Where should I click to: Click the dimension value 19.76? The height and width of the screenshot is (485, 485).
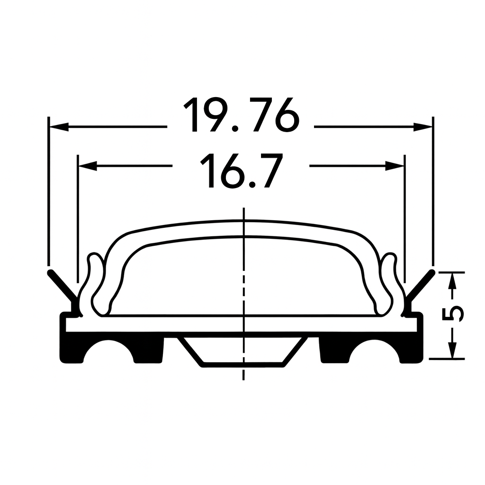(x=242, y=115)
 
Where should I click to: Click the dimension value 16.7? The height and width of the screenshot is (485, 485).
(x=242, y=171)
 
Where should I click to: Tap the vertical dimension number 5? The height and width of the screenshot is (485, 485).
(x=454, y=314)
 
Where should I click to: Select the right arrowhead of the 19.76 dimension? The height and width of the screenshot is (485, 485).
(x=422, y=126)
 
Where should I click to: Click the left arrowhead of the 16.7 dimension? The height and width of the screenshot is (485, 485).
(x=87, y=166)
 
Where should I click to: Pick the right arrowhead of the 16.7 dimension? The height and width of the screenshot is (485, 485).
(x=395, y=166)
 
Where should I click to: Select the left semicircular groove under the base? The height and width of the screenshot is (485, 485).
(x=109, y=353)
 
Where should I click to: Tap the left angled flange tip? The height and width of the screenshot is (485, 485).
(x=51, y=273)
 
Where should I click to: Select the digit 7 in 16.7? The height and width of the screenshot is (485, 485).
(x=268, y=171)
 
